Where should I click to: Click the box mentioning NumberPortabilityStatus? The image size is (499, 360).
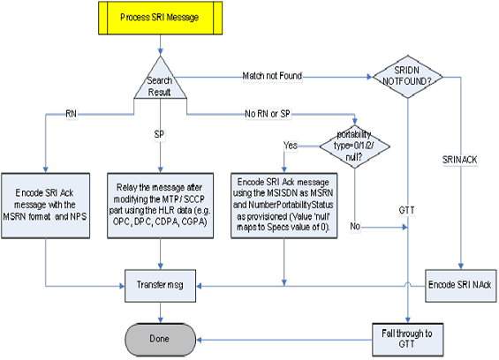283,203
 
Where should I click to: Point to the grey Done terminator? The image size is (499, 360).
160,340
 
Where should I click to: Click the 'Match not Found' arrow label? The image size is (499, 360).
272,77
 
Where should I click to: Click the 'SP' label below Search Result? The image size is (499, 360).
160,135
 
